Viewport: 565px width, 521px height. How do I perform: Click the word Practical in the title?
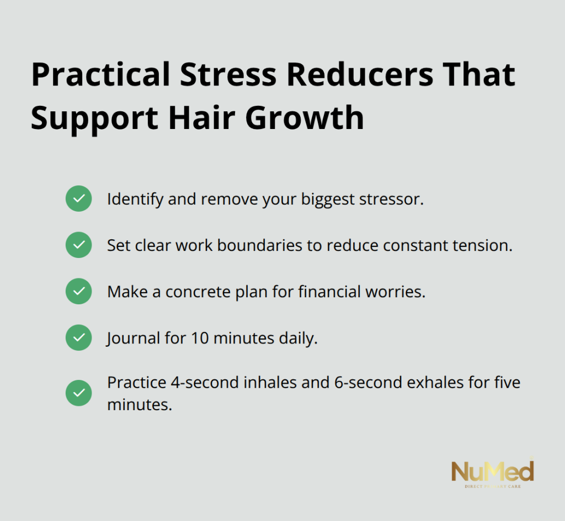pyautogui.click(x=100, y=74)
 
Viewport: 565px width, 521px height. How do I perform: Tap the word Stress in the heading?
pyautogui.click(x=228, y=74)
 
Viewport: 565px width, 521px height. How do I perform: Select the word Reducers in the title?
pyautogui.click(x=360, y=74)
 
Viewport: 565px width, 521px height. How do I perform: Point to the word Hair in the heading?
pyautogui.click(x=202, y=118)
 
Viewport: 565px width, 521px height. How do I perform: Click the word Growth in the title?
pyautogui.click(x=305, y=118)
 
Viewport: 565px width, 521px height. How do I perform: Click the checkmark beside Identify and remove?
pyautogui.click(x=78, y=198)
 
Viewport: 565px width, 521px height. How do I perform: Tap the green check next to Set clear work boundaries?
pyautogui.click(x=78, y=245)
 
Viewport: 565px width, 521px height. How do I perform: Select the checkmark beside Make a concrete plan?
pyautogui.click(x=78, y=291)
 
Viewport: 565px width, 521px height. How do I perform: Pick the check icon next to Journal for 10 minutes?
pyautogui.click(x=78, y=338)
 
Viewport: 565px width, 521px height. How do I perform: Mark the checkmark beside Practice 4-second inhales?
pyautogui.click(x=78, y=393)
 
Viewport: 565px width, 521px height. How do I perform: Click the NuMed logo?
pyautogui.click(x=493, y=472)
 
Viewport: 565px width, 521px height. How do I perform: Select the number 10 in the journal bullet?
pyautogui.click(x=200, y=339)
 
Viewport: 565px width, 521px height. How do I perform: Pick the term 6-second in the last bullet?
pyautogui.click(x=368, y=383)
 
